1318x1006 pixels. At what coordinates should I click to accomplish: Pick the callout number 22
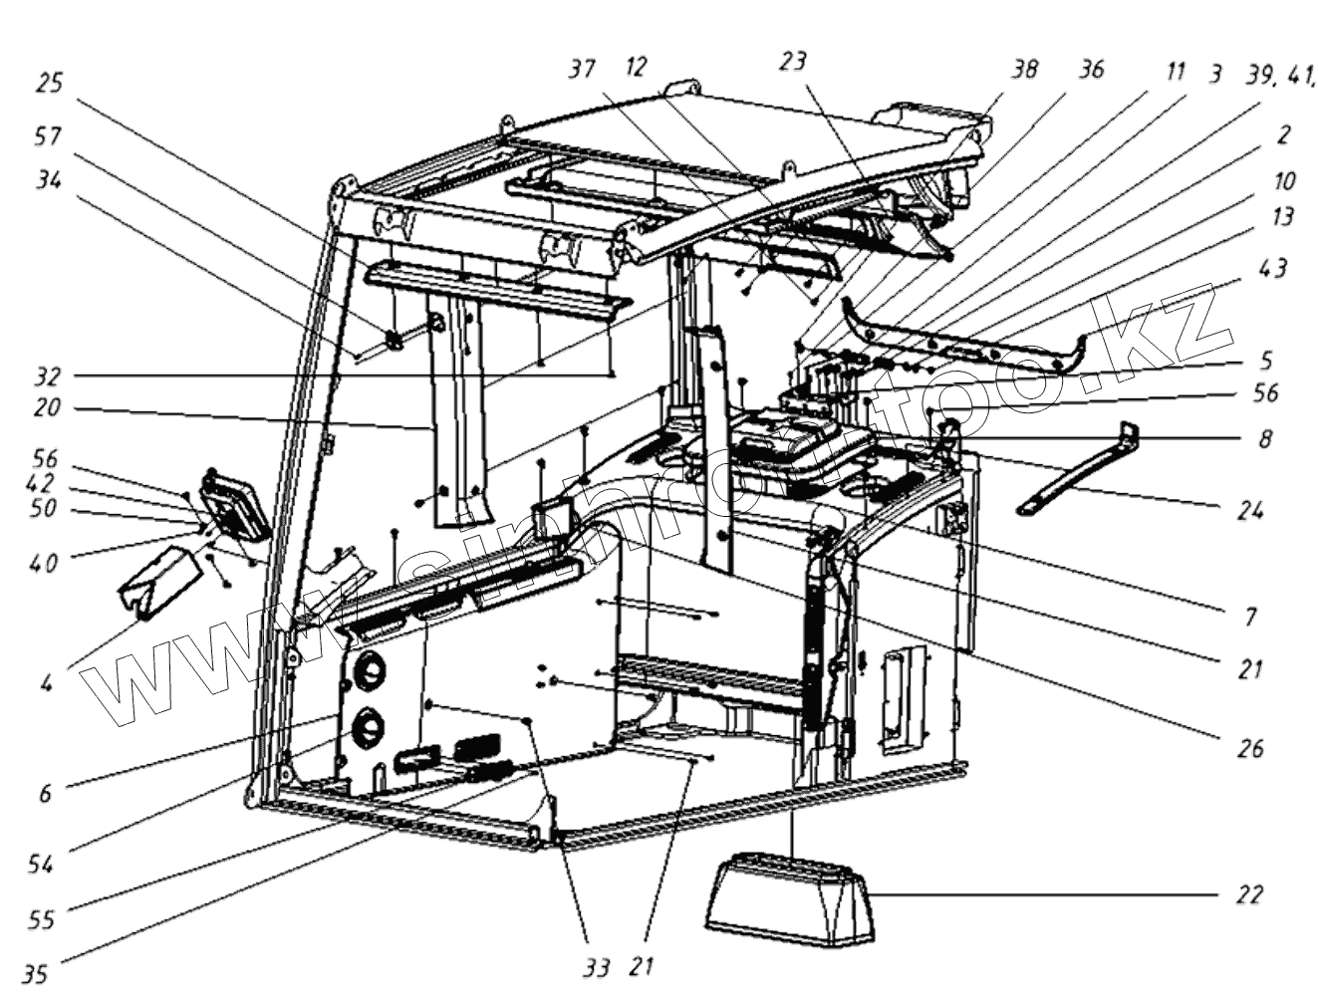pyautogui.click(x=1249, y=894)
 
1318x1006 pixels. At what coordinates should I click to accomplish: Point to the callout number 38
pyautogui.click(x=1023, y=69)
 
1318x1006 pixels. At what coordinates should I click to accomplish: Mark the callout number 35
pyautogui.click(x=36, y=974)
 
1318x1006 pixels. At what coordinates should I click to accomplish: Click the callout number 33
pyautogui.click(x=596, y=966)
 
